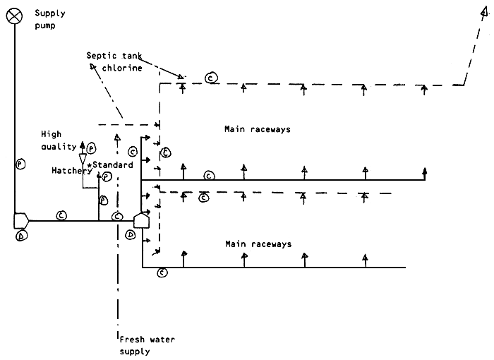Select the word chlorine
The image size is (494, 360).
124,68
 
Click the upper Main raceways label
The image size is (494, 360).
257,129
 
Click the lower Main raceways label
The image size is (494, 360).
257,244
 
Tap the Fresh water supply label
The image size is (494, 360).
146,345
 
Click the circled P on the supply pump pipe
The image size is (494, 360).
20,164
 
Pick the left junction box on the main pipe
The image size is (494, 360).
21,221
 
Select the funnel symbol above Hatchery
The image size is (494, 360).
83,159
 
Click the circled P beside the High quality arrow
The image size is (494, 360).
92,149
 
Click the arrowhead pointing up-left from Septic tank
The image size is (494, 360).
93,66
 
